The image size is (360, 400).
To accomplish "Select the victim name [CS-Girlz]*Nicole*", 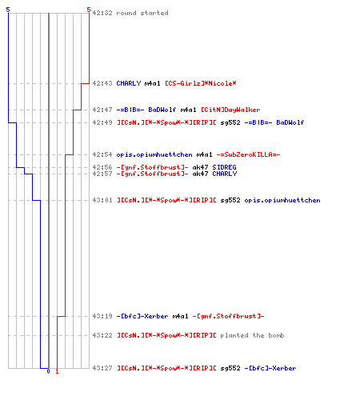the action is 201,83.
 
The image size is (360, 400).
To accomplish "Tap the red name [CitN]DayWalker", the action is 230,110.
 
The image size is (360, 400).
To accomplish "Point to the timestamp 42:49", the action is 102,122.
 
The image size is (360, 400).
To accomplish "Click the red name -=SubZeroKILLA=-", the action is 248,154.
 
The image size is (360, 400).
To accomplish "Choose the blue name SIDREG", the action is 224,167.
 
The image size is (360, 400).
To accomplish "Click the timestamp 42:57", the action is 102,174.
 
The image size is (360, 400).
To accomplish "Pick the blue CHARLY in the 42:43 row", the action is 129,83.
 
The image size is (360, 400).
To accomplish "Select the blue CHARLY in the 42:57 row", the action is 225,174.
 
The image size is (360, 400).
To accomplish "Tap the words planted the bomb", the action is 252,335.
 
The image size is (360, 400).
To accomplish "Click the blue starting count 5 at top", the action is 8,10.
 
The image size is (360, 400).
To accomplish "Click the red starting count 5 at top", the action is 89,10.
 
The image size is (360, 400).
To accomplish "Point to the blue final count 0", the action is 48,371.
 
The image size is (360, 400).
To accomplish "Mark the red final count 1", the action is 57,371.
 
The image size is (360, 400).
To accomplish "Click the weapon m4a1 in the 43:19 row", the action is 180,316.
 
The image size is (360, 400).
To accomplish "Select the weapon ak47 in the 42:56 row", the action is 200,167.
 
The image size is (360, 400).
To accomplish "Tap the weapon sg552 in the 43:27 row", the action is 230,368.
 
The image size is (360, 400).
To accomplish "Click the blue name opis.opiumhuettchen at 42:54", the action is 154,154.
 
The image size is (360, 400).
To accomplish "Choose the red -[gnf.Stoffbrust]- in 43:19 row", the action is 228,316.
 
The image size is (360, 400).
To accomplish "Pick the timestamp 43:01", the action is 102,200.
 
